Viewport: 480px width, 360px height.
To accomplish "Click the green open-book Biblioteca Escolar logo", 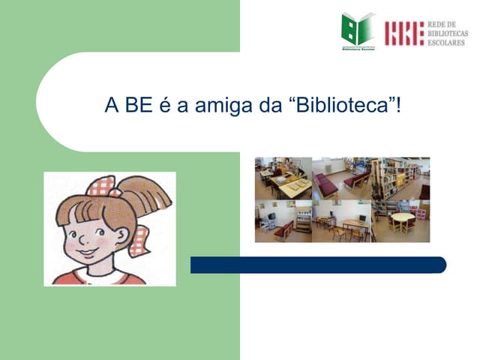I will tap(358, 30).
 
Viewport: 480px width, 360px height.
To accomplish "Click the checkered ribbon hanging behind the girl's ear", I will tap(139, 240).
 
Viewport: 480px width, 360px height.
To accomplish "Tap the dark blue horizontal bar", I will tap(318, 265).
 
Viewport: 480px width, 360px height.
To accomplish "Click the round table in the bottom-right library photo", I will tap(402, 218).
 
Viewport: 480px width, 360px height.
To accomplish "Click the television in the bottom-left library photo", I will tap(271, 217).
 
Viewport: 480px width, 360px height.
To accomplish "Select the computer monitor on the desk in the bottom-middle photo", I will tap(362, 218).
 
